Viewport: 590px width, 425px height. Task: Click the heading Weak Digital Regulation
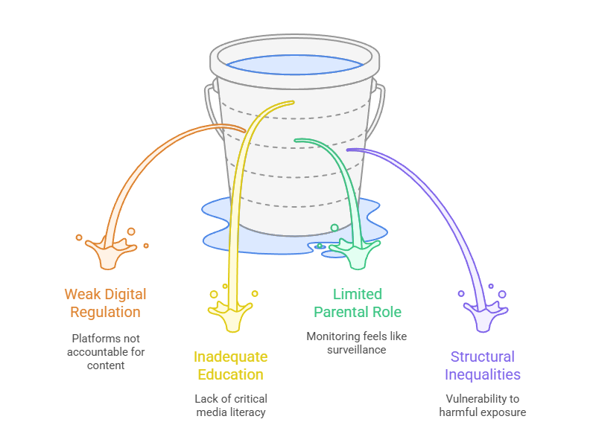[x=105, y=303]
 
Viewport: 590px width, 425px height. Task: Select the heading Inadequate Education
[x=230, y=365]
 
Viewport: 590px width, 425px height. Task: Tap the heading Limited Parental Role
[x=357, y=303]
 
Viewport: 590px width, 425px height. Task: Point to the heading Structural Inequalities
[x=482, y=365]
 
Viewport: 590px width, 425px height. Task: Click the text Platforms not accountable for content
[x=105, y=351]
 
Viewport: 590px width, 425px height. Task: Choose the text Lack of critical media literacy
[x=230, y=406]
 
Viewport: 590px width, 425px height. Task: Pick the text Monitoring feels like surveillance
[x=357, y=343]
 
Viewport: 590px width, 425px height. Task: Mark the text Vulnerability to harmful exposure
[x=482, y=406]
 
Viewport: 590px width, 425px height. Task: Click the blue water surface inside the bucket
[x=294, y=64]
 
